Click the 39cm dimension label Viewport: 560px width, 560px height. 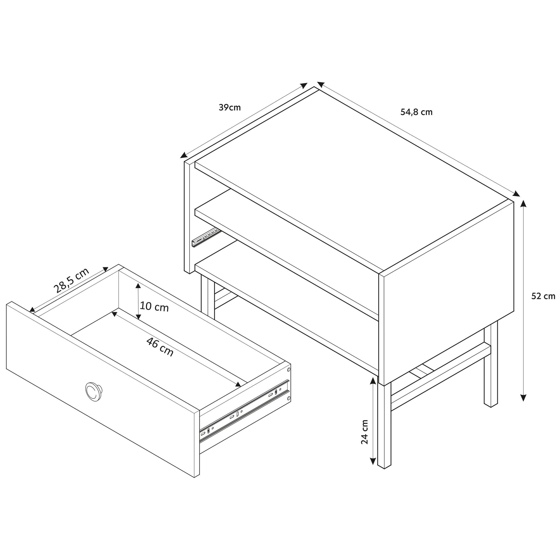[x=229, y=108]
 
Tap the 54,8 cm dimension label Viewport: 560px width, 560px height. [x=416, y=112]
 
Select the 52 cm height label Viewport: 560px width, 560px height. [x=543, y=296]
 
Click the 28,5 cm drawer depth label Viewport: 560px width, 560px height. [x=71, y=280]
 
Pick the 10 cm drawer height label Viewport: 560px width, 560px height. [x=154, y=307]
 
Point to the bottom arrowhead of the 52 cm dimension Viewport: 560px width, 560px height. [x=523, y=397]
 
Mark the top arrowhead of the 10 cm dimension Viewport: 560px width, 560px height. [x=138, y=286]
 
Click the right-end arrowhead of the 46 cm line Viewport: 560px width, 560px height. [x=238, y=384]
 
